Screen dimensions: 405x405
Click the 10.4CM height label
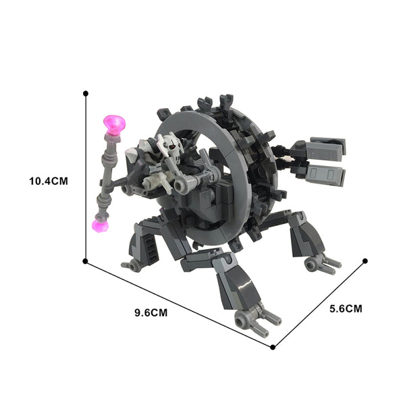(49, 181)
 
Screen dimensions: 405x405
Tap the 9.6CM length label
(151, 313)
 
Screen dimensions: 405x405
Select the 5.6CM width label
(346, 308)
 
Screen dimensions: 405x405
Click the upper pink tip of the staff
(115, 125)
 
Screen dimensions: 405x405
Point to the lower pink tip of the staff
(100, 225)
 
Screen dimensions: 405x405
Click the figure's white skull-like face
(171, 146)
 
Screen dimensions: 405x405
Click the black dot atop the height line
(86, 93)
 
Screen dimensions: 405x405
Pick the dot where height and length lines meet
(85, 261)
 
